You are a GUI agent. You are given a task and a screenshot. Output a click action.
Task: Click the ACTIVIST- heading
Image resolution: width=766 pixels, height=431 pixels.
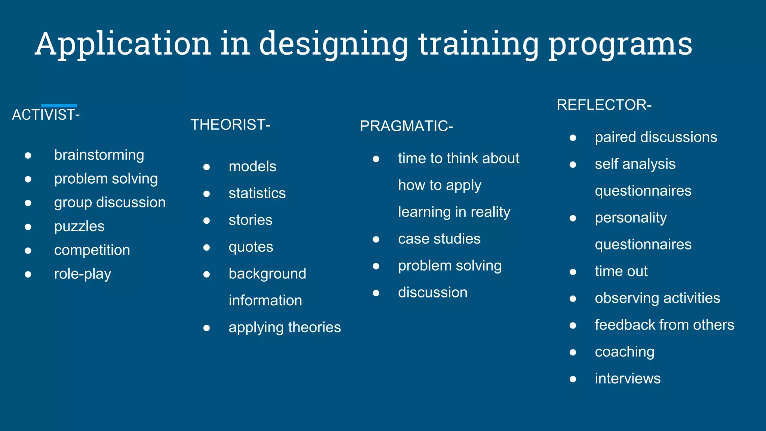click(x=46, y=115)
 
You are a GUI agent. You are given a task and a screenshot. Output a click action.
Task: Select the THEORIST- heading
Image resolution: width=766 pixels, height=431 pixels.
click(x=230, y=125)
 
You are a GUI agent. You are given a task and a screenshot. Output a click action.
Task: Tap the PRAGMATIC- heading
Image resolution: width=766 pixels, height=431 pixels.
click(x=406, y=126)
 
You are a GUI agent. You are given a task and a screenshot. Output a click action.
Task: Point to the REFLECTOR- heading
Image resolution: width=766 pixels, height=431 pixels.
click(x=604, y=105)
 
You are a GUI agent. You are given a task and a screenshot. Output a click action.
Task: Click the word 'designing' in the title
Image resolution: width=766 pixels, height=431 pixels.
click(x=333, y=44)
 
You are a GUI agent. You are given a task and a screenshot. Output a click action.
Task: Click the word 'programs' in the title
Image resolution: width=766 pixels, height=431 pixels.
click(x=620, y=44)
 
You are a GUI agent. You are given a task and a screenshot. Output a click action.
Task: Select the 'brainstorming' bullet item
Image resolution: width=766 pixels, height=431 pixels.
click(x=99, y=155)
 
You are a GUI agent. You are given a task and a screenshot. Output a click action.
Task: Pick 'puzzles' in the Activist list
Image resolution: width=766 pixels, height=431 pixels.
click(x=79, y=226)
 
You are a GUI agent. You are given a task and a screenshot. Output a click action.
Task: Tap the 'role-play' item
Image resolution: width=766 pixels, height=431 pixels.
click(x=83, y=274)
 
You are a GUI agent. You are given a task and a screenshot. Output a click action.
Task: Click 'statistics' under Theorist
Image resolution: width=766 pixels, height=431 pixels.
click(x=257, y=193)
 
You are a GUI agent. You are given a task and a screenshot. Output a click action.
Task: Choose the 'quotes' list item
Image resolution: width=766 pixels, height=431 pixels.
click(x=251, y=247)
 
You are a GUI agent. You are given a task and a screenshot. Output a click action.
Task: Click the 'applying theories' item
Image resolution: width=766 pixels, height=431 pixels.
click(x=285, y=327)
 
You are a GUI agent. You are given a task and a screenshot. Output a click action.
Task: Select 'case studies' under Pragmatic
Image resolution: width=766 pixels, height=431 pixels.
click(x=439, y=239)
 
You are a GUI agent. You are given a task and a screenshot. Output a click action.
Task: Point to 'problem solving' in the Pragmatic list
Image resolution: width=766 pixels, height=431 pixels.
click(x=450, y=266)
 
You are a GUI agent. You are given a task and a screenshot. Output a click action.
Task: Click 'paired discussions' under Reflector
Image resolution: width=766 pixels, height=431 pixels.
click(x=656, y=137)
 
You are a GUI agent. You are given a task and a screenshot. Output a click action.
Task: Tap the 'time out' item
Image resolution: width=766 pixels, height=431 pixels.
click(x=621, y=271)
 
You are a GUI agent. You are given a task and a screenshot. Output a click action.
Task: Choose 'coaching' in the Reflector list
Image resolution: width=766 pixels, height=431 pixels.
click(x=624, y=352)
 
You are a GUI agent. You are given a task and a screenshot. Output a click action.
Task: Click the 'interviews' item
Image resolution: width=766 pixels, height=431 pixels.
click(x=627, y=379)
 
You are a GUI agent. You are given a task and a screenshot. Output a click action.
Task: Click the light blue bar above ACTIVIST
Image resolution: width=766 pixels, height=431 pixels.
click(x=59, y=106)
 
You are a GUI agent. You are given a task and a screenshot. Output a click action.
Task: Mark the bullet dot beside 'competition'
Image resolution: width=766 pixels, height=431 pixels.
click(x=28, y=250)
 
